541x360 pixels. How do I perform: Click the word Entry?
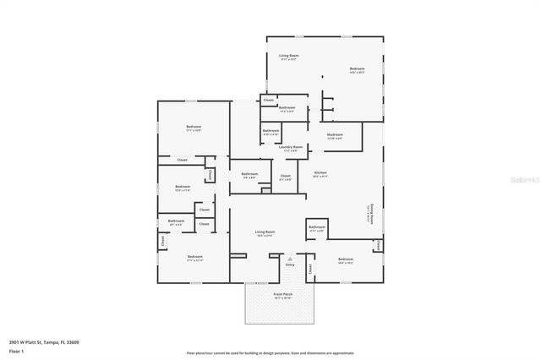tap(290, 265)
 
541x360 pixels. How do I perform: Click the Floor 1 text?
tap(15, 349)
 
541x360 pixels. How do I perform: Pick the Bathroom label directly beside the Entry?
tap(317, 228)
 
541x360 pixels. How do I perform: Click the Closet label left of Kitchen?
tap(285, 177)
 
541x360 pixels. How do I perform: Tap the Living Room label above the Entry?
tap(265, 233)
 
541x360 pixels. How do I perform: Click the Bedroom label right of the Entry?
tap(345, 260)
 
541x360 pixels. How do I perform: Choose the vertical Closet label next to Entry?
tap(310, 269)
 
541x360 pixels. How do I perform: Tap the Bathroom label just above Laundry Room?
tap(270, 132)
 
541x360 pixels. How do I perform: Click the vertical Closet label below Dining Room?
tap(378, 244)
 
